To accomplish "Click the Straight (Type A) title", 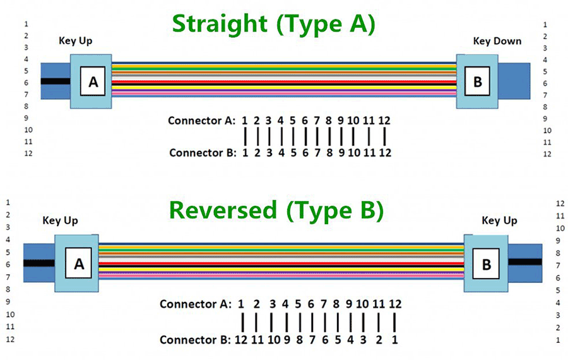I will [273, 24].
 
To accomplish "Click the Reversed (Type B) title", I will [276, 210].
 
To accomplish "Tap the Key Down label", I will [497, 41].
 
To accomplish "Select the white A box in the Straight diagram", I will [93, 82].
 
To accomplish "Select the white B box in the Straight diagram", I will [477, 81].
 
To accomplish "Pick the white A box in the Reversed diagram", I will [79, 264].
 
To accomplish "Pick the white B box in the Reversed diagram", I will [486, 264].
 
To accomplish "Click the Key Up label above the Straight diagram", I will [75, 41].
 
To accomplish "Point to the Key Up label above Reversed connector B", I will [499, 220].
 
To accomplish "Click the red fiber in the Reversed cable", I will [281, 263].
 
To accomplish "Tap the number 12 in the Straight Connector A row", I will [385, 120].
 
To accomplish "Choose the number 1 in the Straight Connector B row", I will [245, 152].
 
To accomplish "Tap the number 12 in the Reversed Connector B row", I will [241, 340].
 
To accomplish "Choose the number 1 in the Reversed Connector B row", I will [394, 340].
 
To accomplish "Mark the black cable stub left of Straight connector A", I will [54, 81].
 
